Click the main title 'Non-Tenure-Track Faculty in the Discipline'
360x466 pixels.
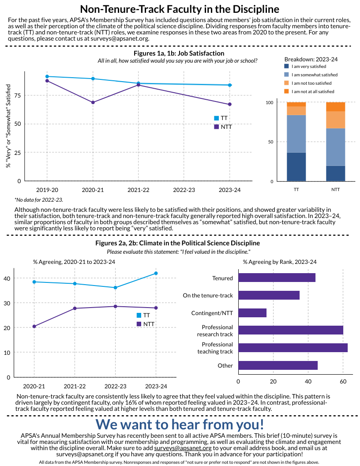tap(180, 9)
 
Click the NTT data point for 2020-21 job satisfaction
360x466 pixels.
tap(93, 102)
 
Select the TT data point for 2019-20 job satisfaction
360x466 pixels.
tap(47, 76)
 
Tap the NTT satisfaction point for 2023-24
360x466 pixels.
tap(229, 104)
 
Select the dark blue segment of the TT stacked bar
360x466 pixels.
tap(296, 167)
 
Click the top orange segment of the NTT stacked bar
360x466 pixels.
tap(335, 106)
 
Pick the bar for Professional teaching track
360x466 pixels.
tap(292, 348)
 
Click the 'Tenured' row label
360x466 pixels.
tap(222, 278)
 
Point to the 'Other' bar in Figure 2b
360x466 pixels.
tap(277, 365)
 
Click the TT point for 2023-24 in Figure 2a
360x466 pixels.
tap(156, 273)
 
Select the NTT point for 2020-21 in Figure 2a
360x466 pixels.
tap(34, 327)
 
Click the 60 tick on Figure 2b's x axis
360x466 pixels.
tap(343, 381)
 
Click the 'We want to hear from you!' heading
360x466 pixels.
tap(180, 424)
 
